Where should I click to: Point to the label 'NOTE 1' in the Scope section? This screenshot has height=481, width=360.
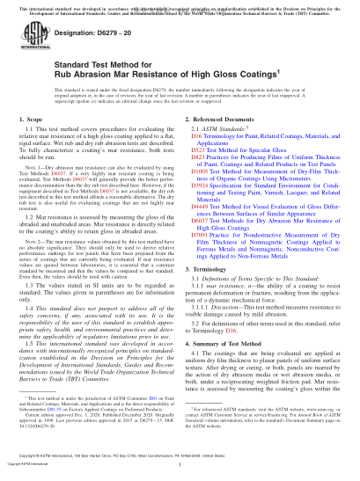[35, 190]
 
